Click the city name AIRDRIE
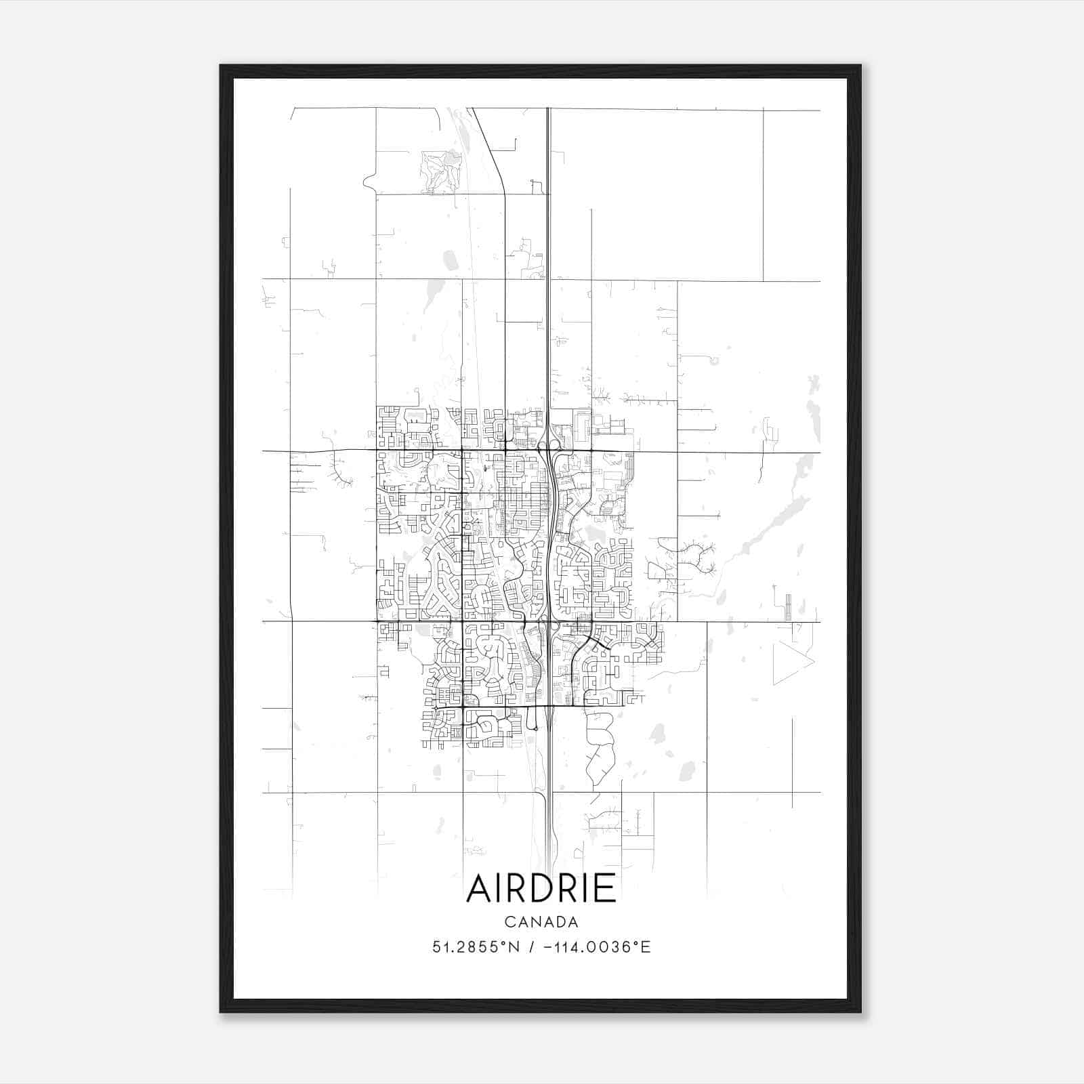541,888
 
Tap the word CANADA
541,922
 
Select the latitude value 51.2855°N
476,947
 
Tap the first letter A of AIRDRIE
480,888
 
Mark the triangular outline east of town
790,661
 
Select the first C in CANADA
508,922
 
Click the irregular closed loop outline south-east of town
599,749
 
